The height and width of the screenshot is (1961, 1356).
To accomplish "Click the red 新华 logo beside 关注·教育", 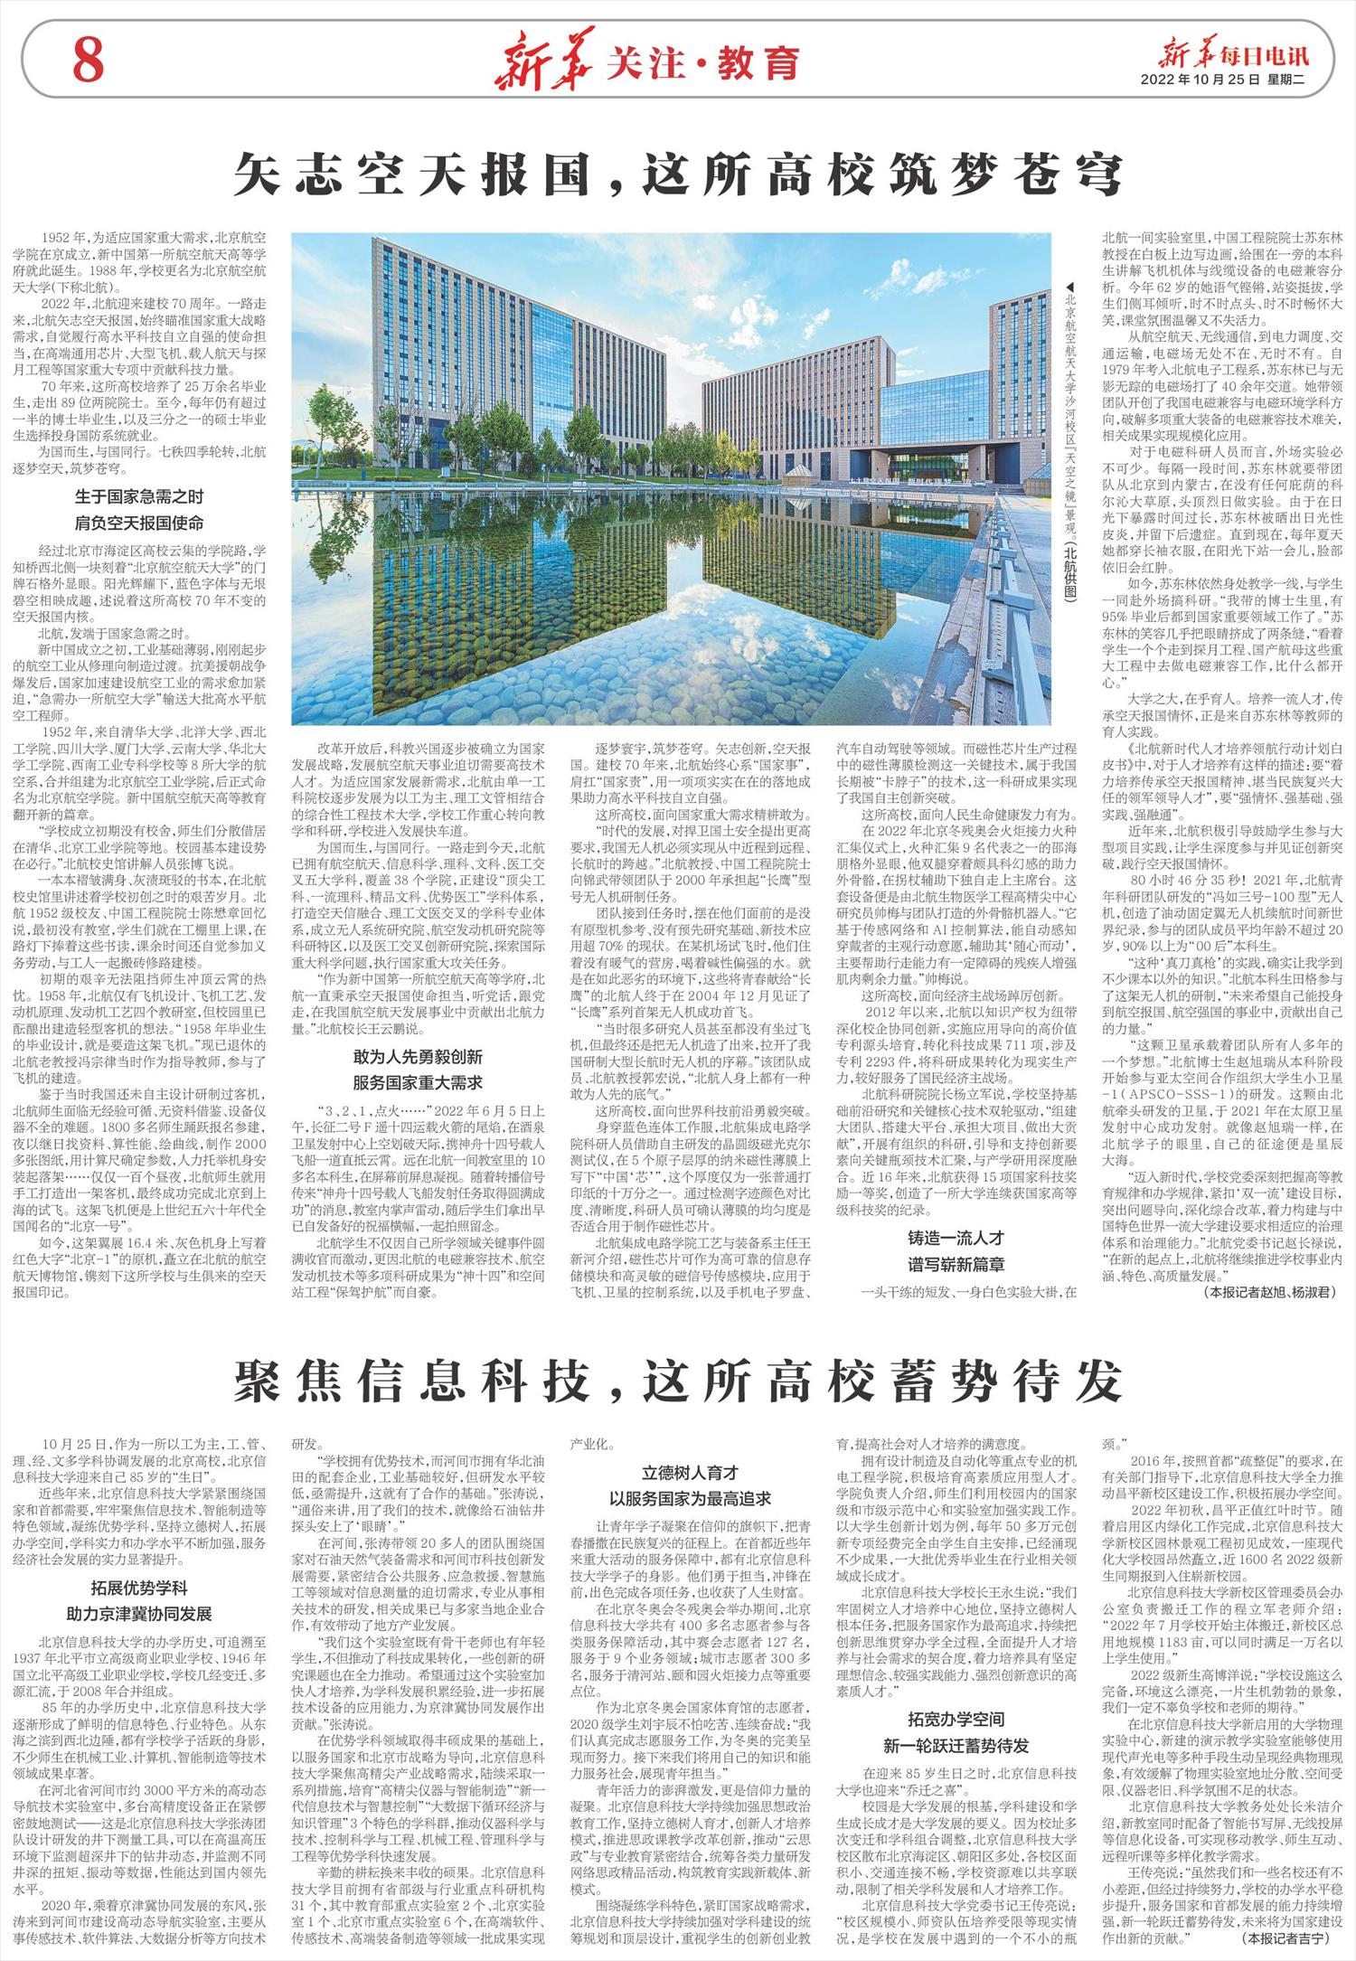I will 542,62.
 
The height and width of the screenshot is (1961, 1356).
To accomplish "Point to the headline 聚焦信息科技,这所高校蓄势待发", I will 677,1380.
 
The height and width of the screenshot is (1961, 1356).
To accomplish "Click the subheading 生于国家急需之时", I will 139,496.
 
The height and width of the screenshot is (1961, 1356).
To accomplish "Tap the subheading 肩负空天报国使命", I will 139,523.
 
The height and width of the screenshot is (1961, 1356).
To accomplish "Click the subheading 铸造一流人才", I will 956,1238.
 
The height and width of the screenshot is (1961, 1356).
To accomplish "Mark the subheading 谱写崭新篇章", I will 956,1263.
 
